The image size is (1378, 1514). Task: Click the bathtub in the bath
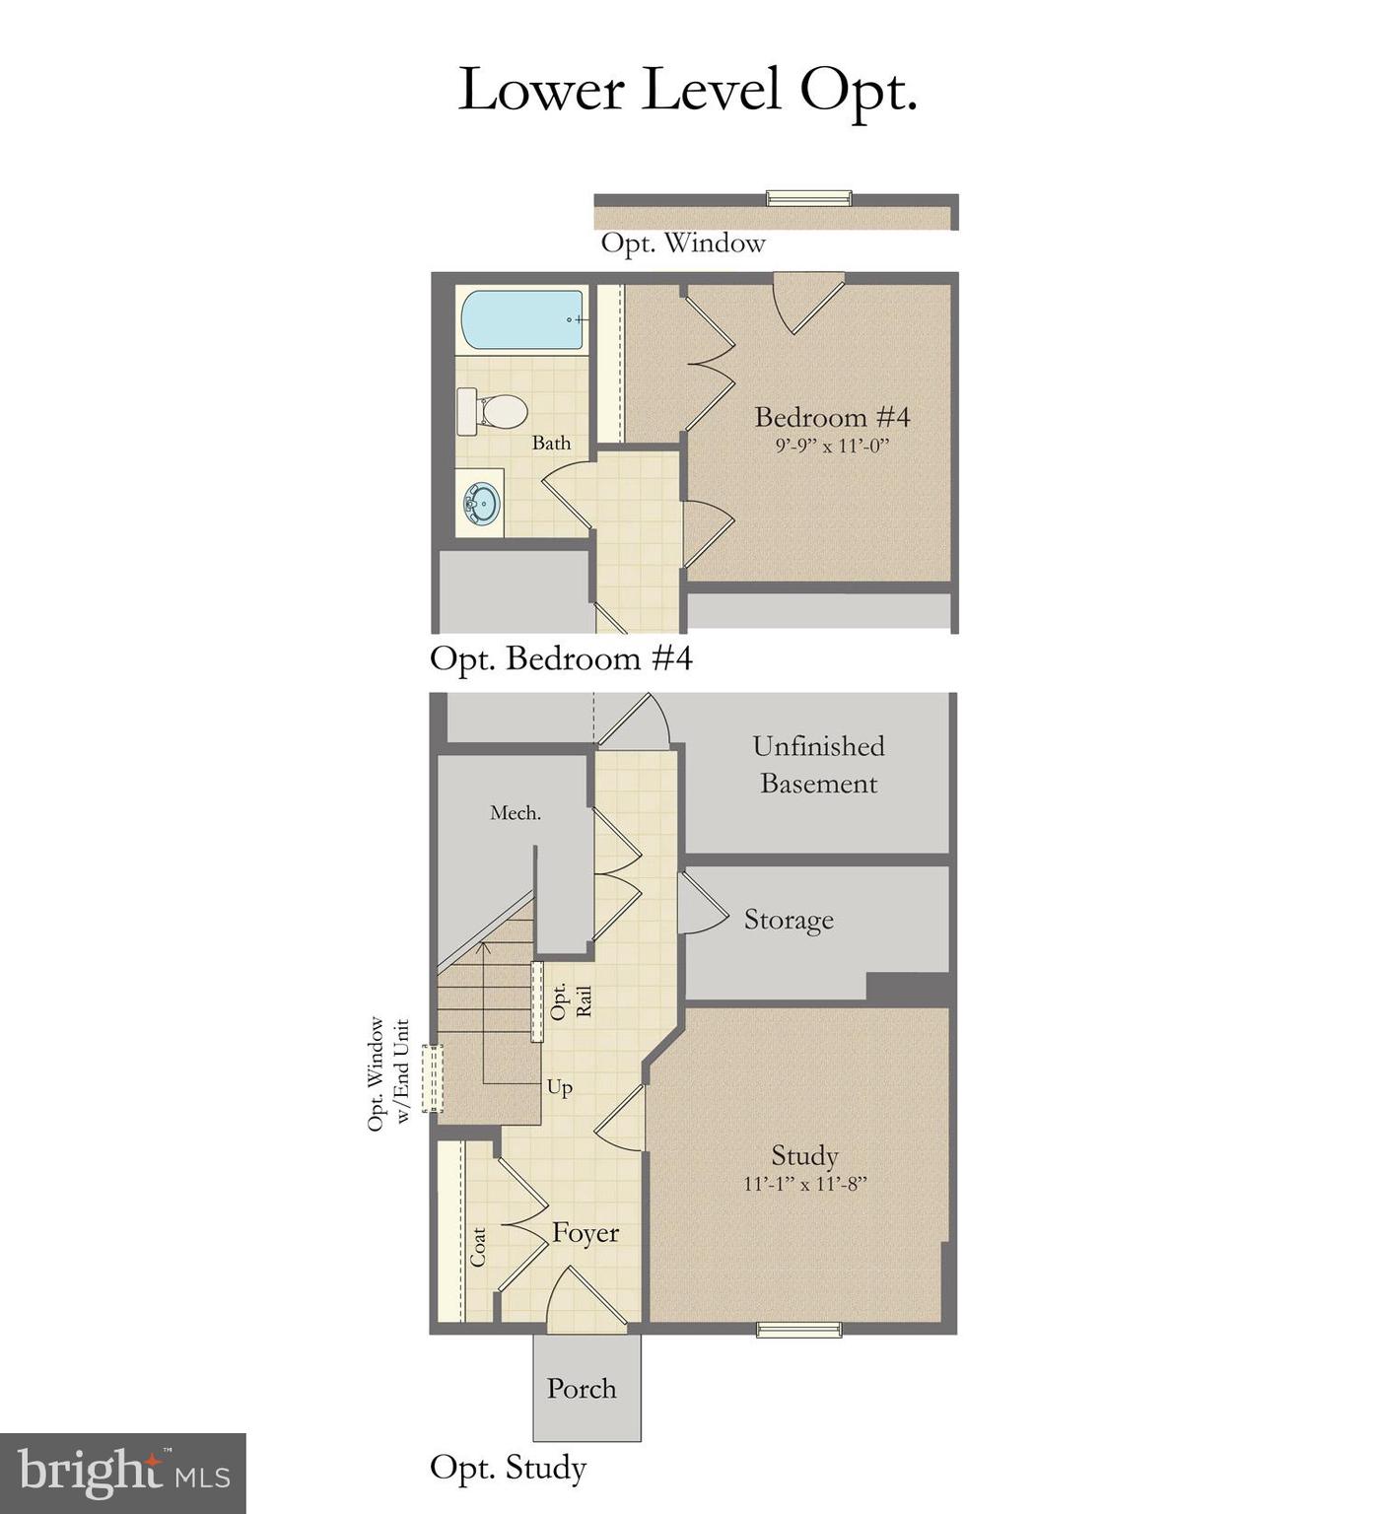point(522,320)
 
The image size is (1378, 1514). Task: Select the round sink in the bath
point(482,503)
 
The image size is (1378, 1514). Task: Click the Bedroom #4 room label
point(832,417)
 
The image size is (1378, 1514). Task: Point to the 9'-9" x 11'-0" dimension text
point(832,446)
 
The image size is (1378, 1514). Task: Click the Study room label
point(804,1155)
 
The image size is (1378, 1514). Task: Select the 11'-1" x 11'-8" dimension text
point(804,1184)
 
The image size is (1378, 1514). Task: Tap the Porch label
point(582,1389)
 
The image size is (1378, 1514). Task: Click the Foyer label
point(586,1233)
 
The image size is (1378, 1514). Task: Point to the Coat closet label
point(478,1247)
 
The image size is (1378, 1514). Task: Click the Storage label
point(789,920)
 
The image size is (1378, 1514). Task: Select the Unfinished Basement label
point(818,765)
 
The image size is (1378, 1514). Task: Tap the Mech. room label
point(516,813)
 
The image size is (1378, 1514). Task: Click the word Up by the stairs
point(559,1087)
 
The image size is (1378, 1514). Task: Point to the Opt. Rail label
point(571,1001)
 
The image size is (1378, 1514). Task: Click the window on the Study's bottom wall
point(798,1330)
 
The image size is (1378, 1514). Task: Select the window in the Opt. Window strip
point(808,198)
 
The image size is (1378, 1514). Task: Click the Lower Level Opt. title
point(688,90)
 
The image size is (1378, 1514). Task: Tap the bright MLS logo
point(123,1474)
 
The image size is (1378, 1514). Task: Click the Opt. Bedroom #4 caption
point(561,658)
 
